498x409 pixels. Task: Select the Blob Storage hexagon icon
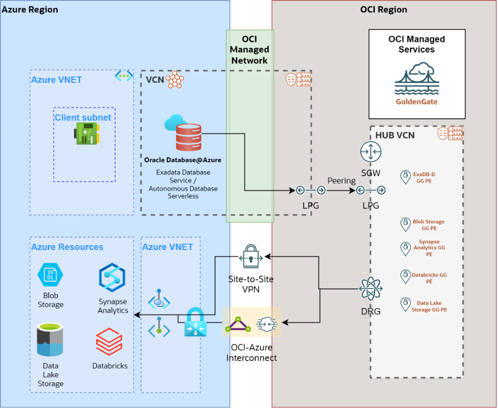pos(51,275)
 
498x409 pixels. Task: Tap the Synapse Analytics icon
pos(112,277)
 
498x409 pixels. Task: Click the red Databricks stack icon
pos(109,342)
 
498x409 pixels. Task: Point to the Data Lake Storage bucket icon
pos(50,340)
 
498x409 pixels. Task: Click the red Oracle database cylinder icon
pos(188,137)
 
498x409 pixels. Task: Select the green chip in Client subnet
pos(87,134)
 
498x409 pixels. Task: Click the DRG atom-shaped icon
pos(370,289)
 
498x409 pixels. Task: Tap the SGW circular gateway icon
pos(370,152)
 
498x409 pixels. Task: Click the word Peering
pos(341,181)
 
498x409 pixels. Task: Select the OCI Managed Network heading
pos(250,49)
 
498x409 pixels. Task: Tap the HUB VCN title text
pos(395,136)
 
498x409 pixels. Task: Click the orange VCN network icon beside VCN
pos(175,79)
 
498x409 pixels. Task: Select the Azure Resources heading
pos(67,247)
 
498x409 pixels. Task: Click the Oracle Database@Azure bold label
pos(183,160)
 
